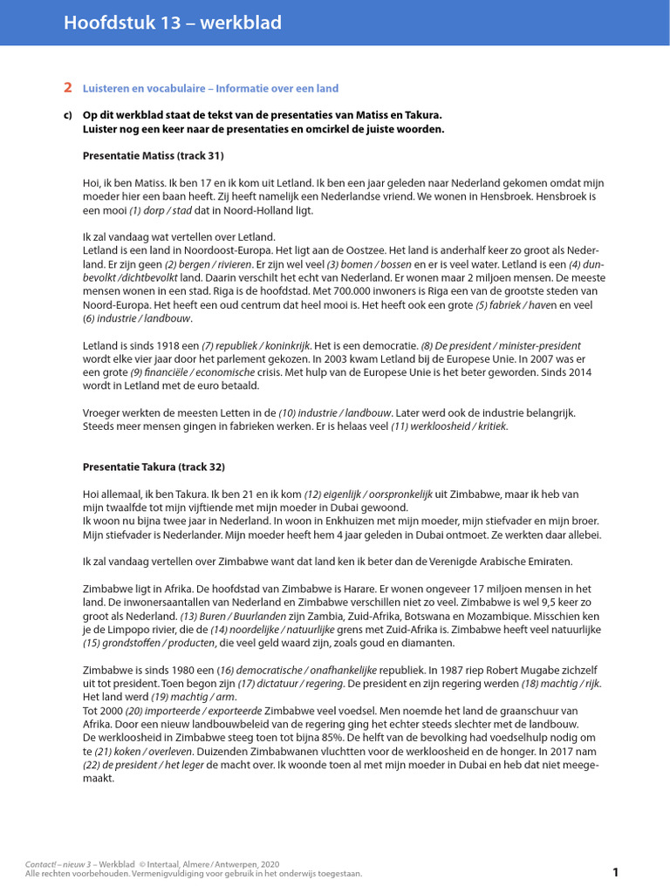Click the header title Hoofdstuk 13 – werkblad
pyautogui.click(x=172, y=24)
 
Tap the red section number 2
pyautogui.click(x=68, y=88)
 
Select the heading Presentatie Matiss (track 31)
pyautogui.click(x=153, y=156)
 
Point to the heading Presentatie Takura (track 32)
pyautogui.click(x=154, y=467)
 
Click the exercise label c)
pyautogui.click(x=67, y=115)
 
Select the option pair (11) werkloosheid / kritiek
pyautogui.click(x=449, y=426)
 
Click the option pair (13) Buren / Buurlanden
pyautogui.click(x=231, y=616)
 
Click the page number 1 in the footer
pyautogui.click(x=615, y=872)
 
